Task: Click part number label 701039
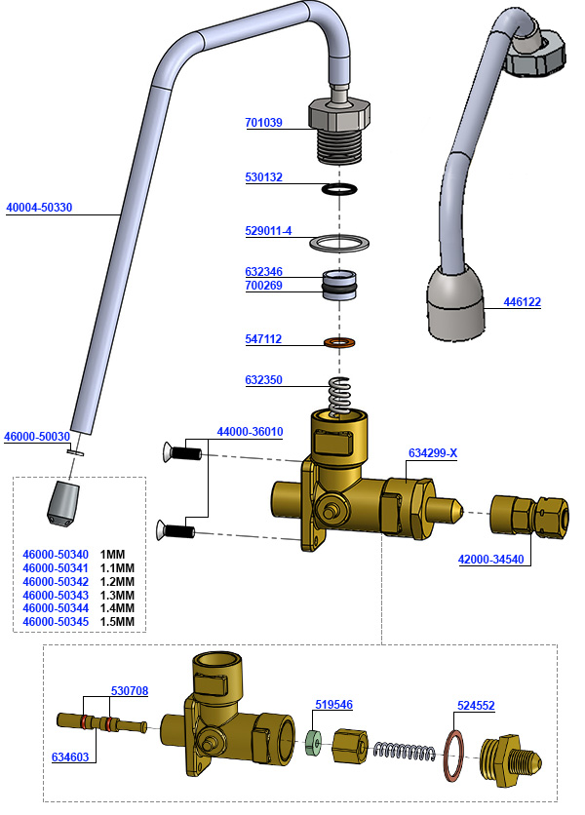coord(263,123)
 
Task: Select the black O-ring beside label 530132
coord(338,188)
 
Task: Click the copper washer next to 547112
coord(338,344)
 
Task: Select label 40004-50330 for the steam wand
coord(39,208)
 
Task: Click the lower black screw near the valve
coord(177,531)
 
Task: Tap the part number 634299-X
coord(433,452)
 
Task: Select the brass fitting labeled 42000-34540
coord(523,514)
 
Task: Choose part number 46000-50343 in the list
coord(55,595)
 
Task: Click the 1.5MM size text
coord(117,622)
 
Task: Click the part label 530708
coord(128,690)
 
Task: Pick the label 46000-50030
coord(37,437)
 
